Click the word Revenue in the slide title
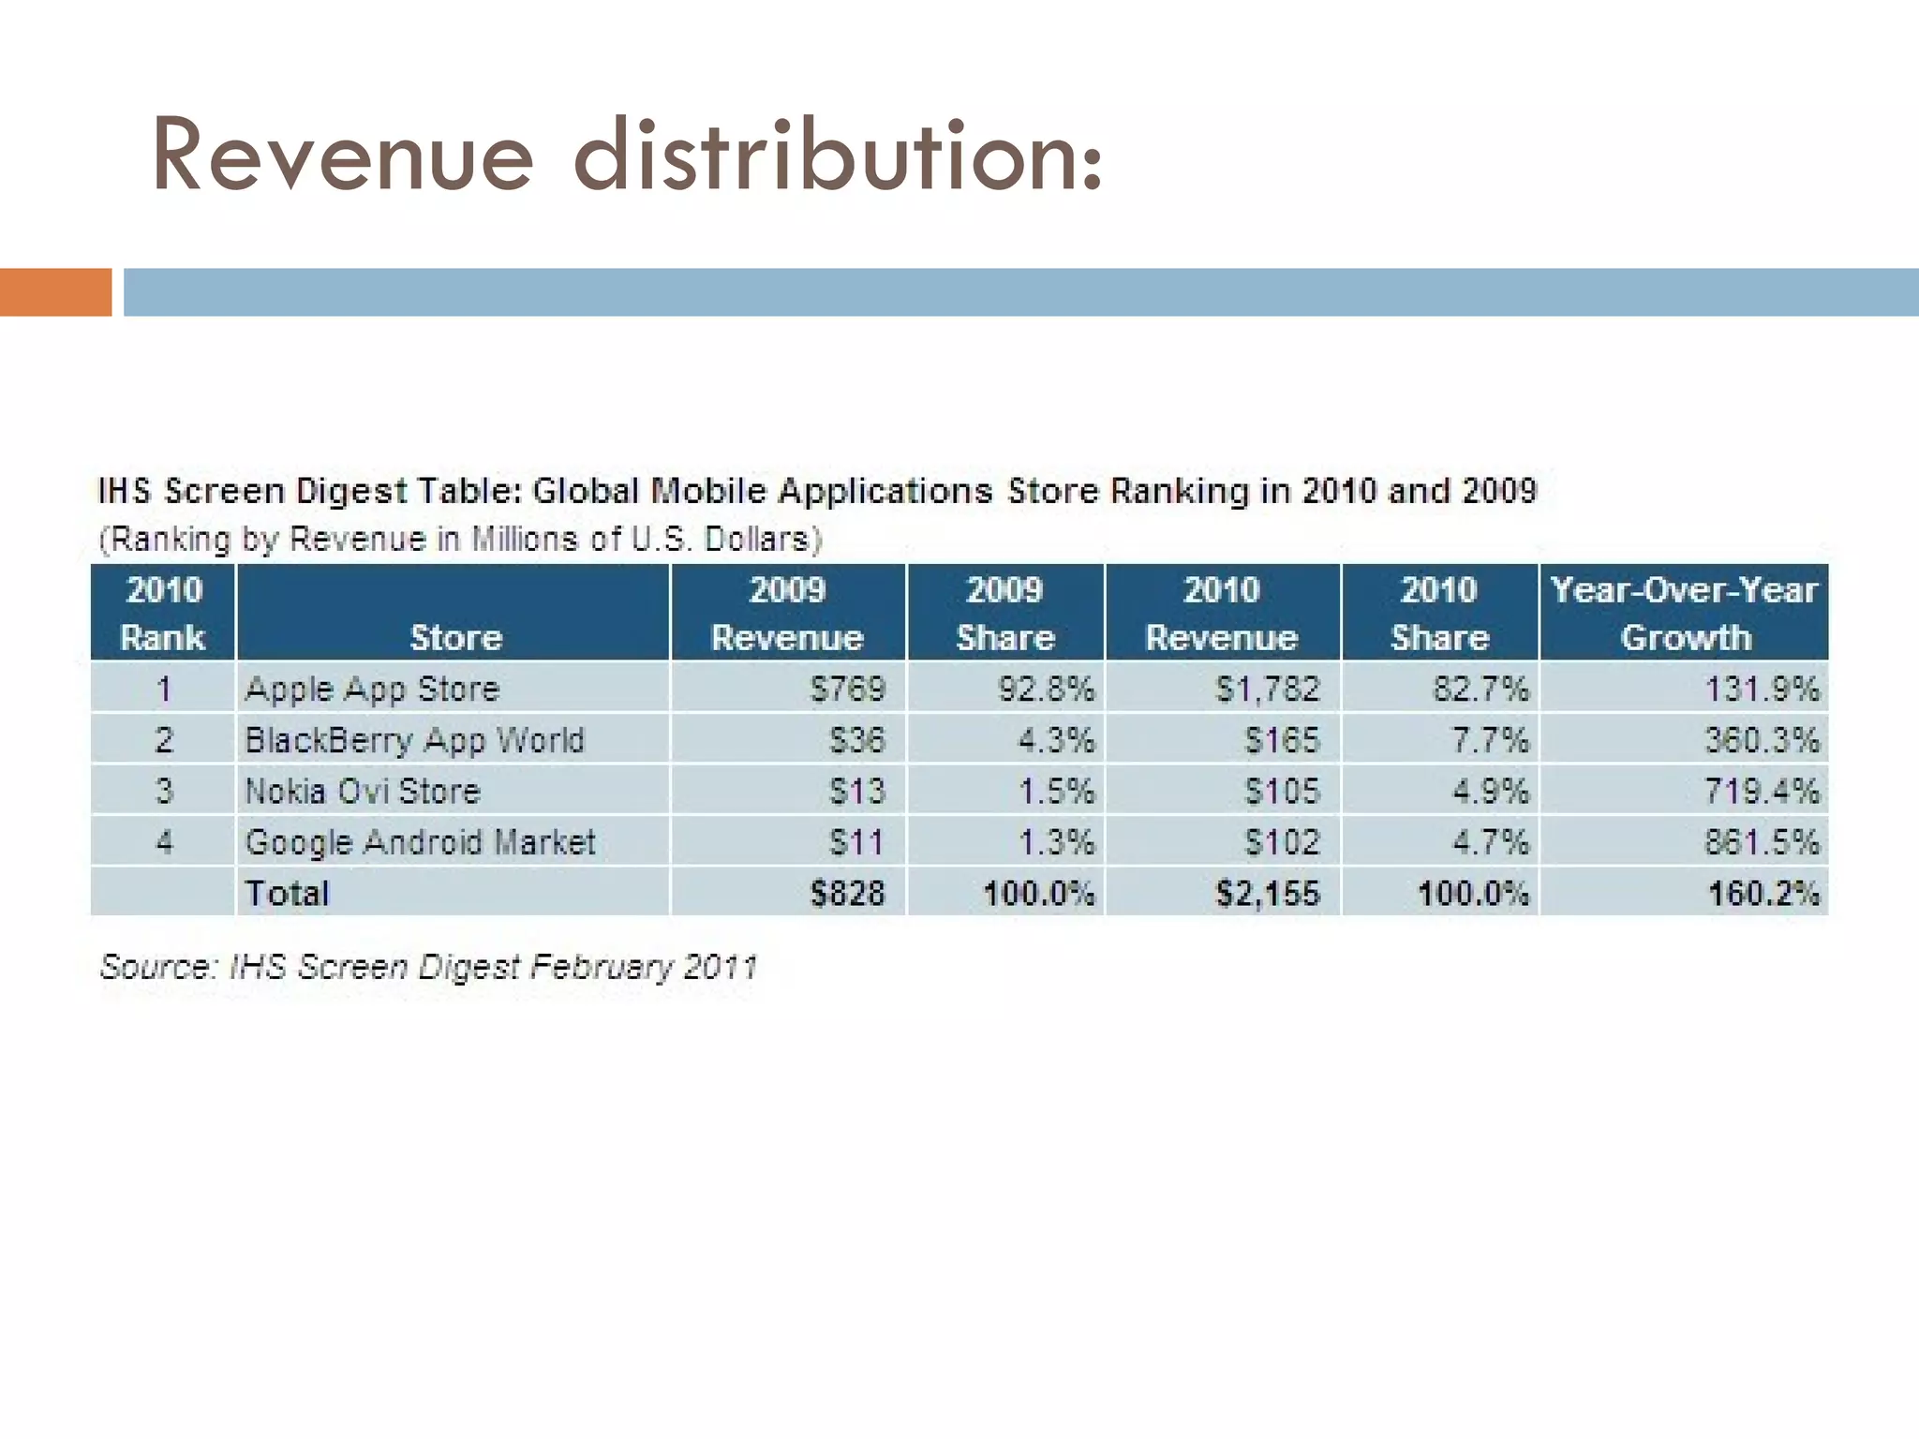(342, 156)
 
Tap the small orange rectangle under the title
(55, 291)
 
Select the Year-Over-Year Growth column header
(1684, 613)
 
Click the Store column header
(455, 637)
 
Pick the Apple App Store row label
(372, 689)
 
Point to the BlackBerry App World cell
(414, 740)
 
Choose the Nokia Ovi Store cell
(363, 791)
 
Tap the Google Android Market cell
(420, 841)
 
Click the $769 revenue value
(847, 689)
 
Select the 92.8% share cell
(1046, 689)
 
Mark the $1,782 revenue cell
(1267, 689)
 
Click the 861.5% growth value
(1761, 841)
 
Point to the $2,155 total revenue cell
(1267, 893)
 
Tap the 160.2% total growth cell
(1763, 893)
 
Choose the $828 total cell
(847, 893)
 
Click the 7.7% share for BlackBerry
(1490, 740)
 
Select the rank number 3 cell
(164, 791)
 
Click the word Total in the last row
(287, 893)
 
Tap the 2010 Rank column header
(163, 613)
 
